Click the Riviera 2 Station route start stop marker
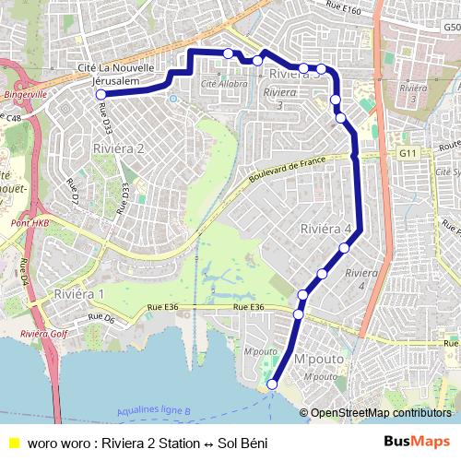(100, 94)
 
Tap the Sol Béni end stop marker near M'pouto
(272, 384)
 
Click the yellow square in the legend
(13, 442)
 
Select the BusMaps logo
(417, 442)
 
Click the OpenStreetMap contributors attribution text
(381, 413)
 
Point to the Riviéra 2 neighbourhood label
(118, 148)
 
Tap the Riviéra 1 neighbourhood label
(79, 293)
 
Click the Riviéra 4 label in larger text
(326, 228)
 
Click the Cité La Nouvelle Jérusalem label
(115, 76)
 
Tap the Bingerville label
(25, 94)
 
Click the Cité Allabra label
(224, 84)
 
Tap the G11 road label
(408, 152)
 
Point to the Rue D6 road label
(100, 319)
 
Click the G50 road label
(451, 28)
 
